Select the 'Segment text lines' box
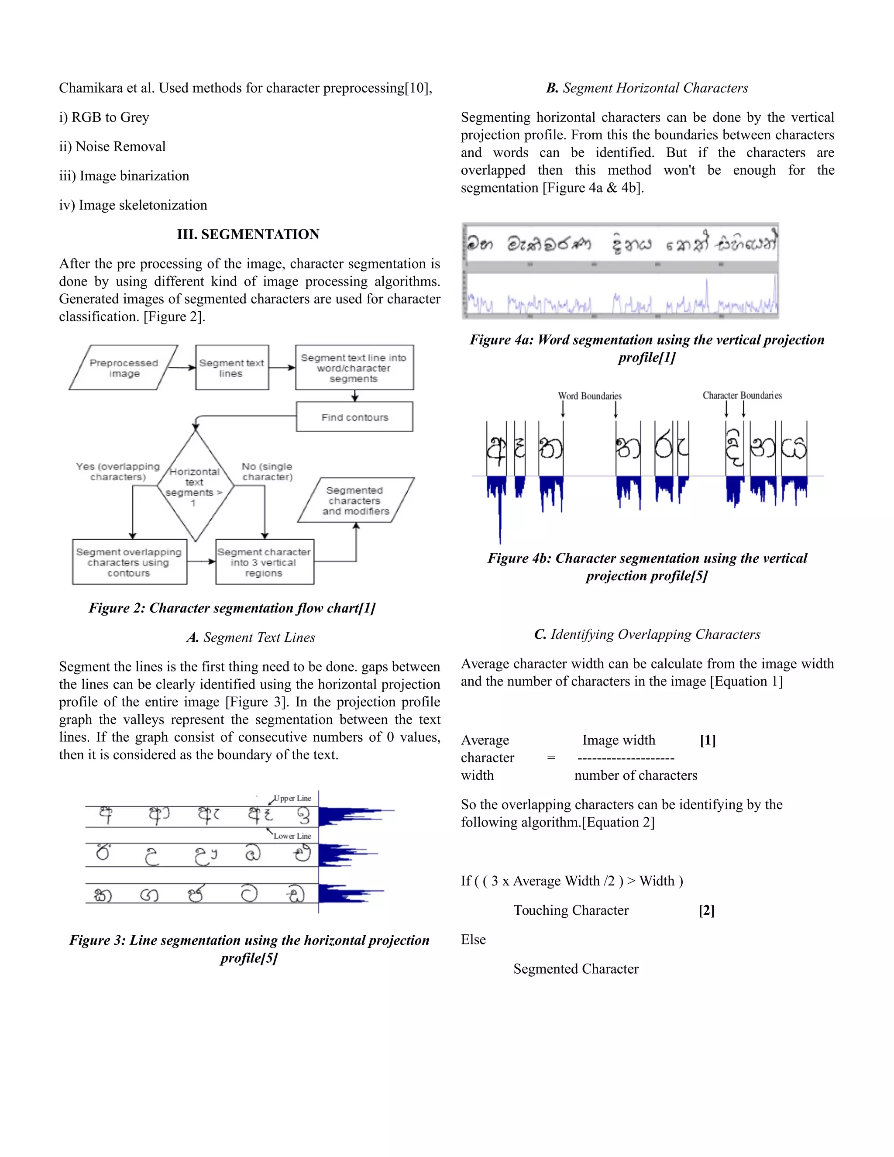(231, 368)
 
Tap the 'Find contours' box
(354, 417)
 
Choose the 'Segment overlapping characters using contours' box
(129, 562)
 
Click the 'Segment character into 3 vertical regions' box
(264, 562)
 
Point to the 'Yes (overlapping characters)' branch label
(117, 472)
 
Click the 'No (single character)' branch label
(267, 472)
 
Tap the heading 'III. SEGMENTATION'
(248, 234)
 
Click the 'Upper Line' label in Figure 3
(292, 798)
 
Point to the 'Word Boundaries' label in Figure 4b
(589, 396)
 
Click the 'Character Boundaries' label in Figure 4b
(742, 395)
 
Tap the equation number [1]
(708, 740)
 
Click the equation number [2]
(707, 910)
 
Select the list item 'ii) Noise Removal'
(112, 146)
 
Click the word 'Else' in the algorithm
(473, 939)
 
